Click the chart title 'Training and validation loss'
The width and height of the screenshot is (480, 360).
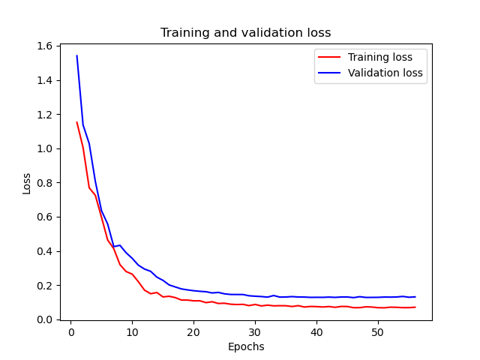tap(245, 33)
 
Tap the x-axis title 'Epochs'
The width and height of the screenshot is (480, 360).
tap(245, 346)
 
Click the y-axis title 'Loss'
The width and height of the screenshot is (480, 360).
tap(27, 183)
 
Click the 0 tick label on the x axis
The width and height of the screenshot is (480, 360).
tap(71, 332)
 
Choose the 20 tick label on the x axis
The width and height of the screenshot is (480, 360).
tap(193, 332)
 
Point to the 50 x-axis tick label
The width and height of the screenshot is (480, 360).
tap(378, 332)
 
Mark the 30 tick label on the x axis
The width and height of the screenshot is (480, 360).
tap(255, 332)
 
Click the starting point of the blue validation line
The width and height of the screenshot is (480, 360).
tap(76, 55)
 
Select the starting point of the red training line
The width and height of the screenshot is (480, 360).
tap(76, 122)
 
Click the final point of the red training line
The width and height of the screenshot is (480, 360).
tap(415, 307)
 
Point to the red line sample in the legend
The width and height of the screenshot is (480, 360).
tap(331, 56)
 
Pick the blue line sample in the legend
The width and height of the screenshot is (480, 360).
tap(331, 73)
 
